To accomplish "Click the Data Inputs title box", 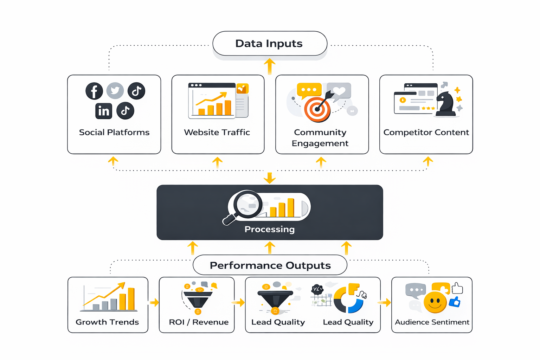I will pyautogui.click(x=270, y=44).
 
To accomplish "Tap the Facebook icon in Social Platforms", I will pyautogui.click(x=94, y=91).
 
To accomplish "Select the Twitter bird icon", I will pyautogui.click(x=115, y=91).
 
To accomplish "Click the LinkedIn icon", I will pyautogui.click(x=104, y=111).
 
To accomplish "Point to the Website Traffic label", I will pyautogui.click(x=217, y=133).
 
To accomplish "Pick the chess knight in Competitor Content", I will pyautogui.click(x=446, y=104).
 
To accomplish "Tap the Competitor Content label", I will pyautogui.click(x=426, y=133).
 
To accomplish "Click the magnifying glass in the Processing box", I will pyautogui.click(x=246, y=206).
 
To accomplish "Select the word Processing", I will pyautogui.click(x=270, y=229).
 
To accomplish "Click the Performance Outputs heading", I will pyautogui.click(x=270, y=265).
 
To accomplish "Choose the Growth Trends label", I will pyautogui.click(x=107, y=322).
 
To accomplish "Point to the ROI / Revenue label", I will pyautogui.click(x=199, y=322).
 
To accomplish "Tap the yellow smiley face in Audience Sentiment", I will pyautogui.click(x=435, y=302).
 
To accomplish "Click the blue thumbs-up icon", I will pyautogui.click(x=455, y=302).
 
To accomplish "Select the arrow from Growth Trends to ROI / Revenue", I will pyautogui.click(x=154, y=302).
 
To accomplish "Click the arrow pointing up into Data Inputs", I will pyautogui.click(x=270, y=66).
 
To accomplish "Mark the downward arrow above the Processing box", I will pyautogui.click(x=270, y=178).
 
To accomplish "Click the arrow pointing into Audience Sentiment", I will pyautogui.click(x=384, y=302).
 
